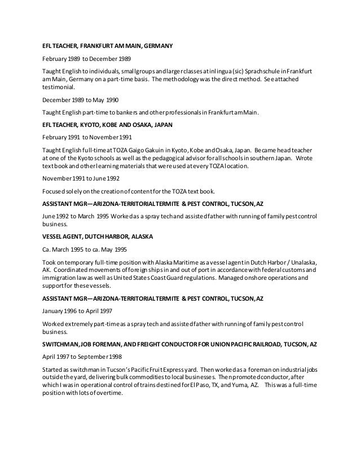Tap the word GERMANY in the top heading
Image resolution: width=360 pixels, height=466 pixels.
point(155,45)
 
